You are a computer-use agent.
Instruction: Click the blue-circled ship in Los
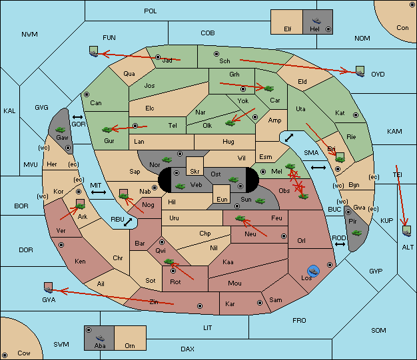point(314,271)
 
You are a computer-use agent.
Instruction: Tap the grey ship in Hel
point(316,21)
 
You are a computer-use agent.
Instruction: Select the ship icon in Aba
point(100,337)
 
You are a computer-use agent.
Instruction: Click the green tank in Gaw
point(61,129)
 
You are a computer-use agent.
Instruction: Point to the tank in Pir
point(356,233)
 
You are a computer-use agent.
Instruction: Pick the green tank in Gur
point(107,129)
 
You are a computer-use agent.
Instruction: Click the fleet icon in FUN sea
point(94,51)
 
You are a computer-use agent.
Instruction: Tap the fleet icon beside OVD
point(360,71)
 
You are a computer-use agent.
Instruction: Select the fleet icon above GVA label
point(48,287)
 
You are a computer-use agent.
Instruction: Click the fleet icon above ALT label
point(406,231)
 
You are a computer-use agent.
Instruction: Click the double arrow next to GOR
point(78,117)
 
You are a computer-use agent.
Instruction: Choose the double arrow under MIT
point(99,192)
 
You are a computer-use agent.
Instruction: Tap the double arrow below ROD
point(340,244)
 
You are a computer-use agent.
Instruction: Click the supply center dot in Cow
point(5,355)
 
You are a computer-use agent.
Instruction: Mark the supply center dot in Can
point(87,94)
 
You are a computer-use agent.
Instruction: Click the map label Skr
point(195,172)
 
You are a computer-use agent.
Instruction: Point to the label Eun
point(222,199)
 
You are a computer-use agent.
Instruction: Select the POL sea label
point(151,11)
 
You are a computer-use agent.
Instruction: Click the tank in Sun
point(260,200)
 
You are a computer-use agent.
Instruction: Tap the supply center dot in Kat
point(356,115)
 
